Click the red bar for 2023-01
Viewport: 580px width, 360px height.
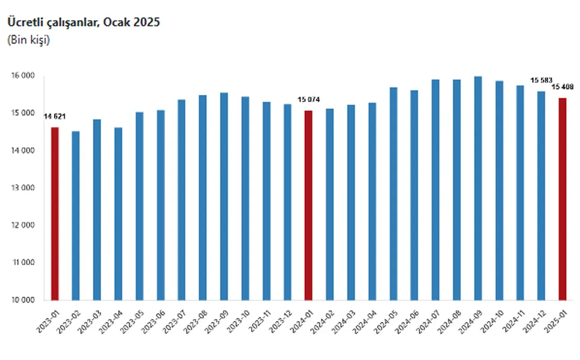click(x=55, y=214)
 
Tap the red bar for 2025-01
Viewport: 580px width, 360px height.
click(x=562, y=199)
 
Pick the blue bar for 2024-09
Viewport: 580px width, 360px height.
click(x=478, y=188)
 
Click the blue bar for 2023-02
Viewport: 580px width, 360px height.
click(x=76, y=216)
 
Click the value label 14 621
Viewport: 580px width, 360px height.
click(x=54, y=117)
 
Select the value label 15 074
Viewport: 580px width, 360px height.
click(x=309, y=100)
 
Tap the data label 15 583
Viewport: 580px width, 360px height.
click(x=541, y=80)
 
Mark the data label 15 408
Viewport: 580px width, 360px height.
click(x=562, y=87)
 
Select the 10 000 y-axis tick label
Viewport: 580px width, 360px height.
click(x=21, y=300)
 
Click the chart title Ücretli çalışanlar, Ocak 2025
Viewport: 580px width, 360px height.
click(x=83, y=22)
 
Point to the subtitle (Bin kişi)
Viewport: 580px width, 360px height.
click(x=29, y=40)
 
